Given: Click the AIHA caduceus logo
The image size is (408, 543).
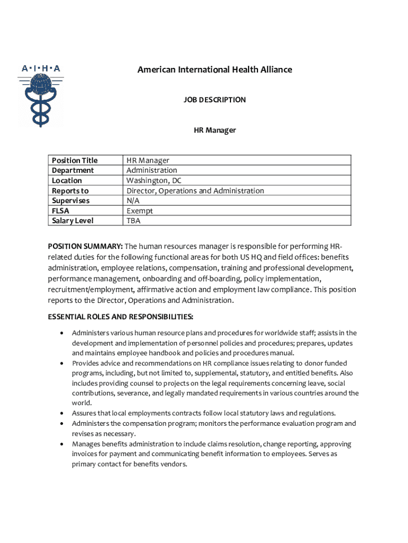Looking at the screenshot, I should click(x=41, y=95).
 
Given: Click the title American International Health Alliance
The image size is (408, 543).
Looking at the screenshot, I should click(x=215, y=69).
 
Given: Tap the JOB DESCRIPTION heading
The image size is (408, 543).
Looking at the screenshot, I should click(x=215, y=100).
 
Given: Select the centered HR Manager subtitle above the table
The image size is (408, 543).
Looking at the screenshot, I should click(x=215, y=130).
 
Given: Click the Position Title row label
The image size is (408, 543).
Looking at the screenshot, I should click(x=75, y=160).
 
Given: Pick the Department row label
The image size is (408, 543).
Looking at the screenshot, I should click(x=73, y=170).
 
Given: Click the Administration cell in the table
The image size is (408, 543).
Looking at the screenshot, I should click(x=152, y=170).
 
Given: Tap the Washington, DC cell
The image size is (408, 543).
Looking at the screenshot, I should click(x=154, y=180).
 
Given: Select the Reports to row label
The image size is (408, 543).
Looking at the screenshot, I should click(x=70, y=190).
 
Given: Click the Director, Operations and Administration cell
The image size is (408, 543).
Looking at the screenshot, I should click(x=195, y=190).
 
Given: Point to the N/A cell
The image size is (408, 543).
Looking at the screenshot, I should click(x=133, y=200).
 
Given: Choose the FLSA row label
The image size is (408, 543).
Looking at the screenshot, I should click(x=60, y=211).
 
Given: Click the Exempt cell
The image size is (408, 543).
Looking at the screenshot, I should click(x=139, y=211).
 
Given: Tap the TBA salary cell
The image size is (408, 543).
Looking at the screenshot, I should click(x=134, y=221).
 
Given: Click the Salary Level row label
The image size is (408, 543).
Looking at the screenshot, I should click(x=73, y=221).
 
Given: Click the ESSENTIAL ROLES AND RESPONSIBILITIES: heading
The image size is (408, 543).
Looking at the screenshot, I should click(x=120, y=317).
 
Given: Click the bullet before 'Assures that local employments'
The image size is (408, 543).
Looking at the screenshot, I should click(x=62, y=413).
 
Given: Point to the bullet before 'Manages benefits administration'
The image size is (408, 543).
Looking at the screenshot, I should click(x=62, y=444).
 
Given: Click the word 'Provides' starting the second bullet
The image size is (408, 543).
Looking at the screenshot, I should click(x=85, y=363).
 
